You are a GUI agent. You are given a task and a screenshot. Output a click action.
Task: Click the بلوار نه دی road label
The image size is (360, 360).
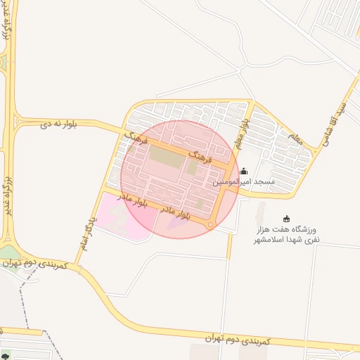coord(58,124)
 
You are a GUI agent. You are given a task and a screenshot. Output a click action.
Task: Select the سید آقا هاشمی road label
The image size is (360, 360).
coord(335,123)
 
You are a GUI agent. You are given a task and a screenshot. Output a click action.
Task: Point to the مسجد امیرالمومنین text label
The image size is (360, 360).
coord(243,182)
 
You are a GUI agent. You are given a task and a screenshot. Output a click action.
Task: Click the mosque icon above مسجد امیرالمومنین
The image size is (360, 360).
coord(244,171)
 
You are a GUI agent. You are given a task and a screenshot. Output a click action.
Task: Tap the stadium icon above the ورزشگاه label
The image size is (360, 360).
coord(285,219)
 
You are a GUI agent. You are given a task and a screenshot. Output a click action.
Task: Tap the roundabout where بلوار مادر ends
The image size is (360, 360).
coord(211,225)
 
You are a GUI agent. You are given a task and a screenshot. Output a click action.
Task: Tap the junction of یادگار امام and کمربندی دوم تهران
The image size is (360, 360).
coord(75,266)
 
